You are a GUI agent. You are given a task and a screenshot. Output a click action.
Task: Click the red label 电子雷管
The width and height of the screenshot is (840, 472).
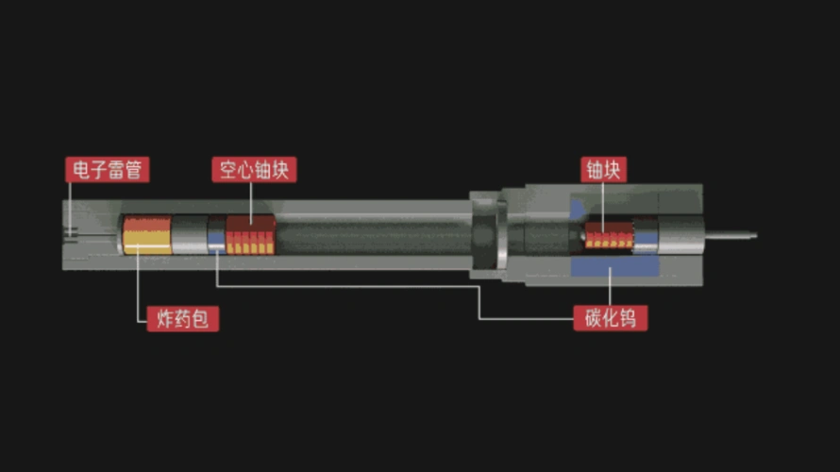tap(108, 170)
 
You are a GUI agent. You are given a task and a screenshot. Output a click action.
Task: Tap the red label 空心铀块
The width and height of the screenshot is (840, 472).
tap(254, 170)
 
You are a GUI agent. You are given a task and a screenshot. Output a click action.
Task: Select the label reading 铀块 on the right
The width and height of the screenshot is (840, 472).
tap(604, 170)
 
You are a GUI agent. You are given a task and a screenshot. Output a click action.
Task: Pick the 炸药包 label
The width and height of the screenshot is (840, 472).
tap(183, 319)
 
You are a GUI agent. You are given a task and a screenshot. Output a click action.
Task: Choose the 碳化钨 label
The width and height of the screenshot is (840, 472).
tap(610, 318)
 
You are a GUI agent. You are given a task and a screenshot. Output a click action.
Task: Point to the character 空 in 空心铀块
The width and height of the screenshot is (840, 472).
tap(227, 170)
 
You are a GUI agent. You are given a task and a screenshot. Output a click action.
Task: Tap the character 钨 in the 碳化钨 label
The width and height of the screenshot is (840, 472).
tap(629, 318)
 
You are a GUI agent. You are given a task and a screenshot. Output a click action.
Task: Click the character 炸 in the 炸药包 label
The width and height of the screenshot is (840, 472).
tap(165, 319)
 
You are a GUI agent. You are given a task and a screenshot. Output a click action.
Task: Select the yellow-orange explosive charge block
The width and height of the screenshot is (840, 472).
tap(147, 235)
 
